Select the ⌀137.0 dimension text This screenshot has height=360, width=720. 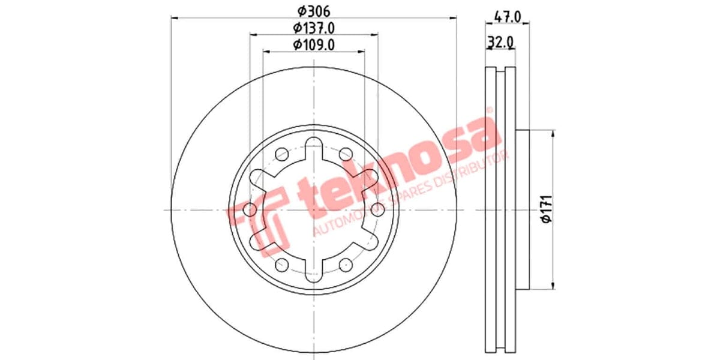tap(313, 28)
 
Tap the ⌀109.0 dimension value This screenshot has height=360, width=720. tap(313, 44)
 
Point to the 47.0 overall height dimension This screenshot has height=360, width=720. tap(507, 17)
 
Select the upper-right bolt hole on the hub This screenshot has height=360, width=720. tap(346, 154)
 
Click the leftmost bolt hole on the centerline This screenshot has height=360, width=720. tap(249, 209)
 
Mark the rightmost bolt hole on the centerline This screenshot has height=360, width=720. tap(377, 209)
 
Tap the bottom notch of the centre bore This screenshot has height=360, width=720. tap(313, 274)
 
